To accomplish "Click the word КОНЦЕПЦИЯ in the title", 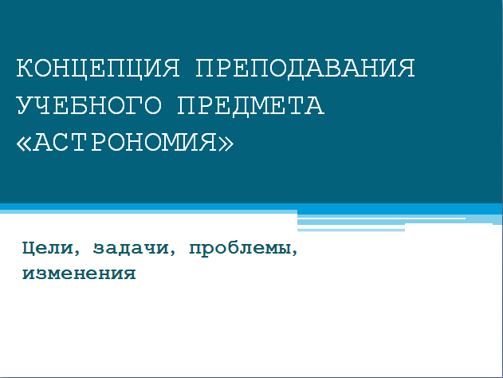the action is tap(98, 69).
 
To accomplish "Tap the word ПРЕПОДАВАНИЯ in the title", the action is tap(305, 68).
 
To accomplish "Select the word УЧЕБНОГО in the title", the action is tap(88, 105).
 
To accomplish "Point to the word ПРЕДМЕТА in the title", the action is tap(251, 105).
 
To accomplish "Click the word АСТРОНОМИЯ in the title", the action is tap(125, 142).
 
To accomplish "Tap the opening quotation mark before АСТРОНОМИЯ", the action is tap(24, 144).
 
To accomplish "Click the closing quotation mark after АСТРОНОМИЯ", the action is tap(226, 144).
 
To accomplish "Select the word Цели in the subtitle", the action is tap(48, 248).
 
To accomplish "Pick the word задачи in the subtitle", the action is tap(131, 248).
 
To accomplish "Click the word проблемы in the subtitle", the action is tap(240, 249).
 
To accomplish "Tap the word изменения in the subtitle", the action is tap(79, 274).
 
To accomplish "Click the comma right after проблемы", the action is tap(294, 254).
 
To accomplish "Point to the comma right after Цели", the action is tap(77, 254).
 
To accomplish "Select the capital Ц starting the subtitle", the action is tap(28, 248).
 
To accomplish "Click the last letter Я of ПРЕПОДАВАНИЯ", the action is tap(406, 68).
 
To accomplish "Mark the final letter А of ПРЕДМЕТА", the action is tap(315, 105).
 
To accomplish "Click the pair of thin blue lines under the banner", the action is tap(351, 230).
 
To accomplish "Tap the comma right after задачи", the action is tap(173, 254).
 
